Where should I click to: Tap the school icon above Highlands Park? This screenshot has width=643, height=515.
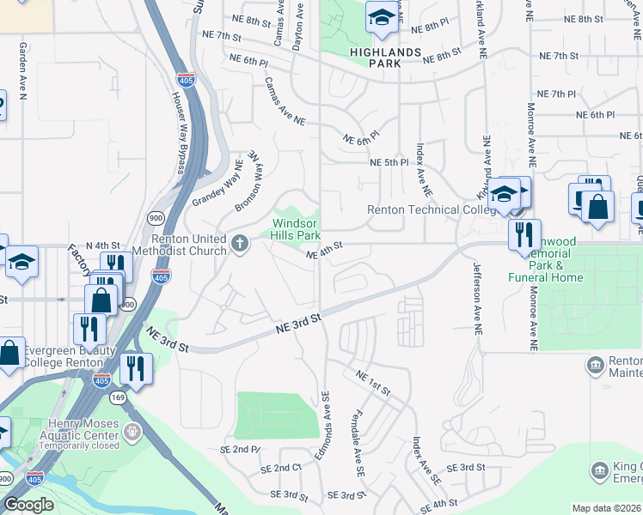point(381,17)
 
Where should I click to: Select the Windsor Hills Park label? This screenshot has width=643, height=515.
point(297,229)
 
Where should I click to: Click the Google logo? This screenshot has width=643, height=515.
point(28,505)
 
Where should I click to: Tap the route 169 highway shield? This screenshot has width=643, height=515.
point(118,397)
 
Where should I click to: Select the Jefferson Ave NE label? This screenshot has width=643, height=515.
point(475,297)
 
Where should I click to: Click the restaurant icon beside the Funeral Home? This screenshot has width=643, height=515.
point(524,233)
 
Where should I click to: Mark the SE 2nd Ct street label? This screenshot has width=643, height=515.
point(285,468)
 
